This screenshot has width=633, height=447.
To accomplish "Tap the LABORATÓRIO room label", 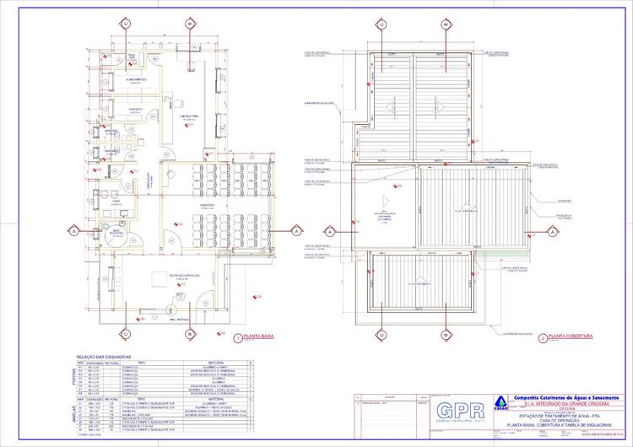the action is (x=188, y=116).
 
